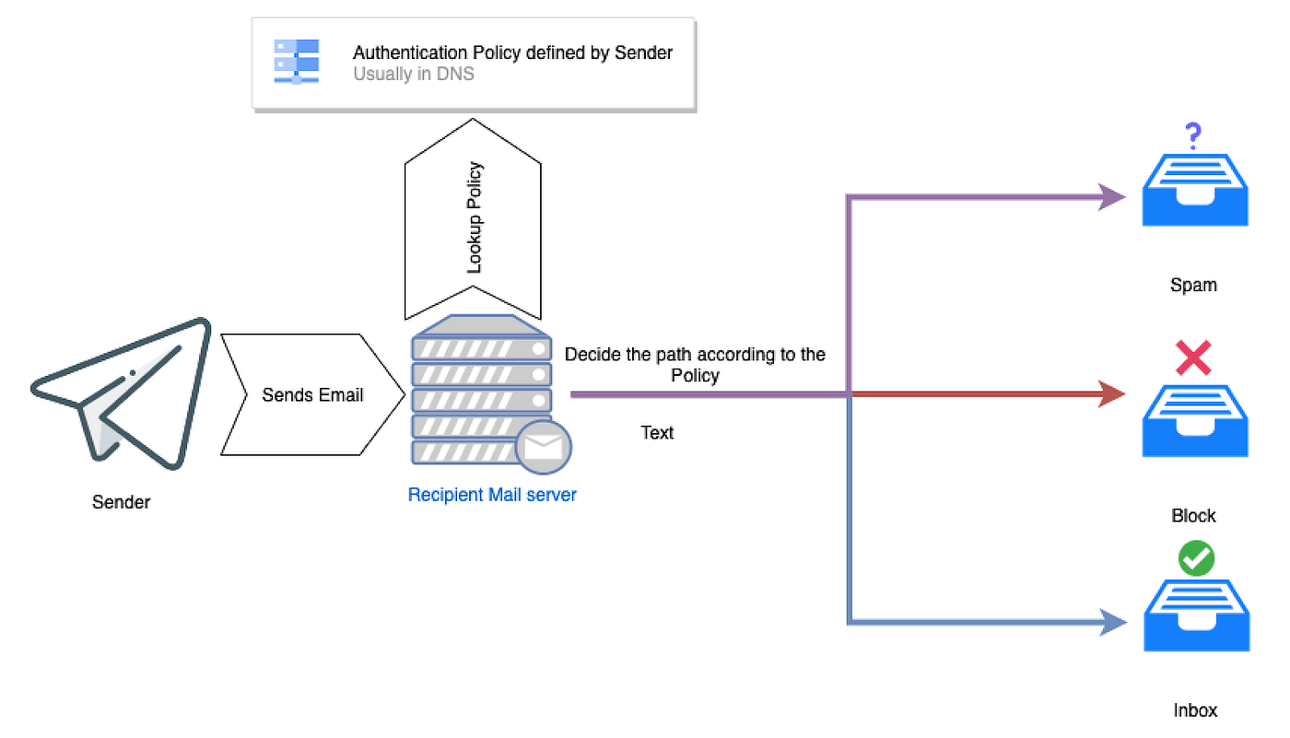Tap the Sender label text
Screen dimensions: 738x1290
point(121,502)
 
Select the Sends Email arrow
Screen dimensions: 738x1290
point(312,395)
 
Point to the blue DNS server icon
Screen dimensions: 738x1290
point(296,62)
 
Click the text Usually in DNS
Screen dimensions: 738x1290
point(414,74)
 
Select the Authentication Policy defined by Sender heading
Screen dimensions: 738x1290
point(512,53)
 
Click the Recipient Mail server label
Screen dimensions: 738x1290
point(492,495)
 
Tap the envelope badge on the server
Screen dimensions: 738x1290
point(544,448)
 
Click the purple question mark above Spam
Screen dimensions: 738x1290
point(1193,137)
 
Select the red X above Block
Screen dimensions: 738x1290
point(1193,358)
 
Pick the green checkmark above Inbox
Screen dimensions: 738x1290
point(1196,558)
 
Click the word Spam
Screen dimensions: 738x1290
point(1193,285)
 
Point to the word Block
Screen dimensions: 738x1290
point(1193,515)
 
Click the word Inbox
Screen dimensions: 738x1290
point(1195,709)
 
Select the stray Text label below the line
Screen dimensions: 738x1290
point(657,432)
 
